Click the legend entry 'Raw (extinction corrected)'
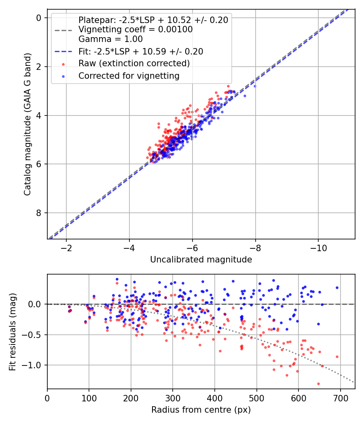point(134,63)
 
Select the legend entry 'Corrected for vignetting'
point(129,76)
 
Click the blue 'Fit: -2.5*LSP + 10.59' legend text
point(140,51)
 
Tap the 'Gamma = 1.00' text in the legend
point(110,39)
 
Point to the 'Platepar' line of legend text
point(153,20)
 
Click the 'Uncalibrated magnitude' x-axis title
point(201,260)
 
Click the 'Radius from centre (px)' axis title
point(201,410)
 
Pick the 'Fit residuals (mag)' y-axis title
point(13,332)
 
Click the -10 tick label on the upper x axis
point(318,247)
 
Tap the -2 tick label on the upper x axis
point(66,247)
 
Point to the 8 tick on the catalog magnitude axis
point(39,213)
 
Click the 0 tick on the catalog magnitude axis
point(39,18)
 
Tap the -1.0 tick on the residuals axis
point(33,365)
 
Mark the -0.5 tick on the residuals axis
point(33,335)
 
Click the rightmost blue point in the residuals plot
point(337,288)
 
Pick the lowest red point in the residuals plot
point(318,384)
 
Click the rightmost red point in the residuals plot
point(337,357)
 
